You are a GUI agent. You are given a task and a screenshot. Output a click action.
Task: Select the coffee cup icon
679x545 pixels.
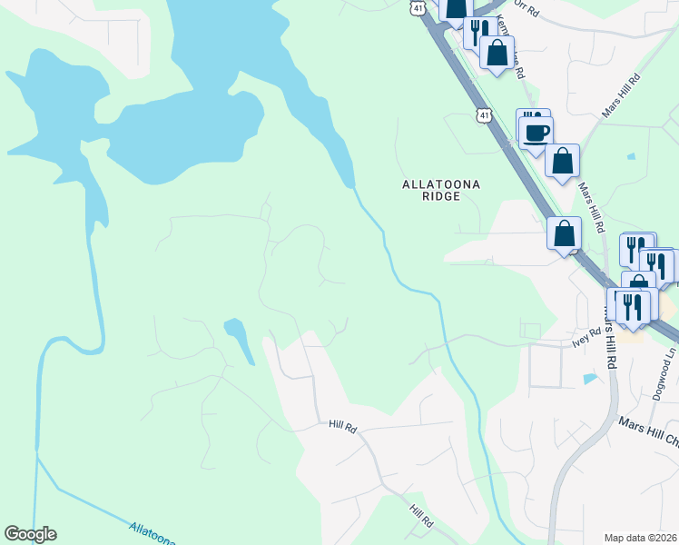click(x=536, y=133)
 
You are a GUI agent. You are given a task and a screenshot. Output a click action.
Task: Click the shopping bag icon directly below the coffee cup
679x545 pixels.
click(x=563, y=161)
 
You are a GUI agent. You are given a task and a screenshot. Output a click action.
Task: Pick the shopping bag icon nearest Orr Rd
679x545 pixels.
click(x=497, y=52)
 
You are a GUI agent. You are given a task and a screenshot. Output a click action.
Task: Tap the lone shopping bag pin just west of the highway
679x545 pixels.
click(x=565, y=233)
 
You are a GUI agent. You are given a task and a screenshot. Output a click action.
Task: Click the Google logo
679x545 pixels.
click(x=30, y=534)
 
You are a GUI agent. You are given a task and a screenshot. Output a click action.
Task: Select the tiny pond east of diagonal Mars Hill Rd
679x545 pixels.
click(x=631, y=156)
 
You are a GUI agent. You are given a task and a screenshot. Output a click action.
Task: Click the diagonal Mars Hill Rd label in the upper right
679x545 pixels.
click(x=622, y=94)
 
